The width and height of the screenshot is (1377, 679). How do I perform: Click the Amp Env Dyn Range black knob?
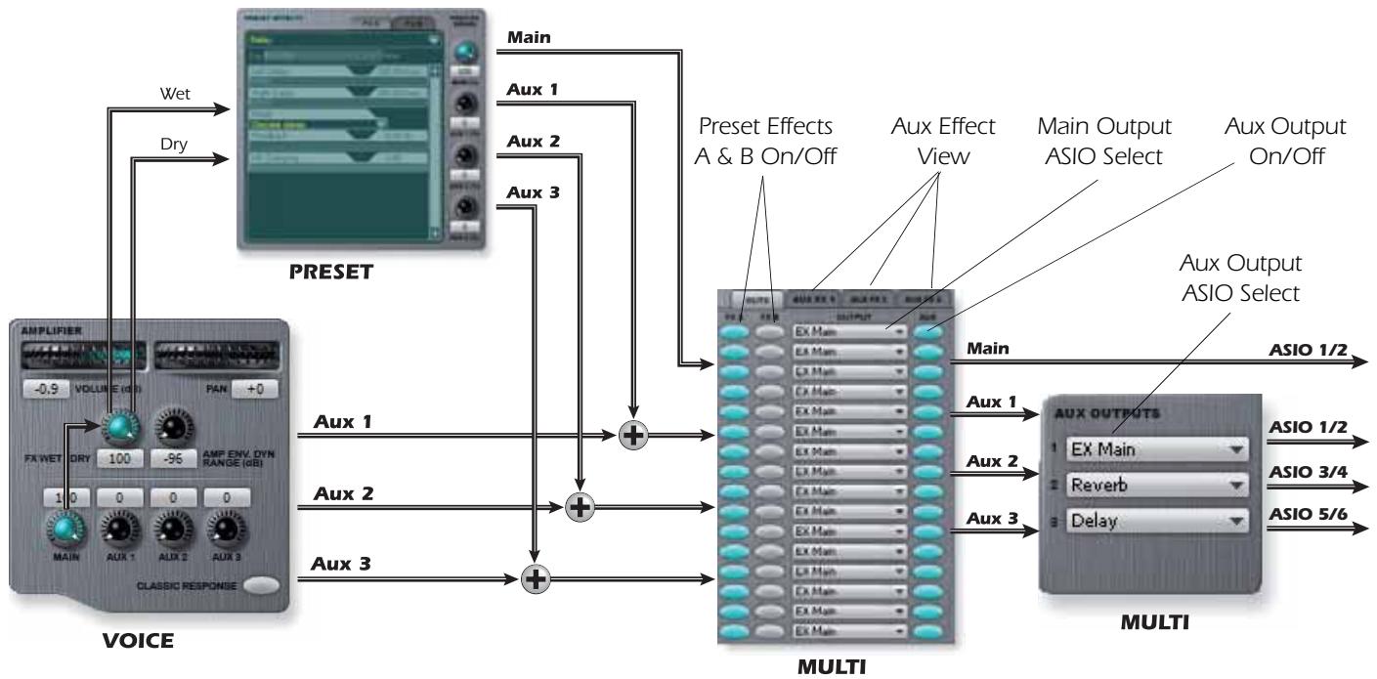174,426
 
